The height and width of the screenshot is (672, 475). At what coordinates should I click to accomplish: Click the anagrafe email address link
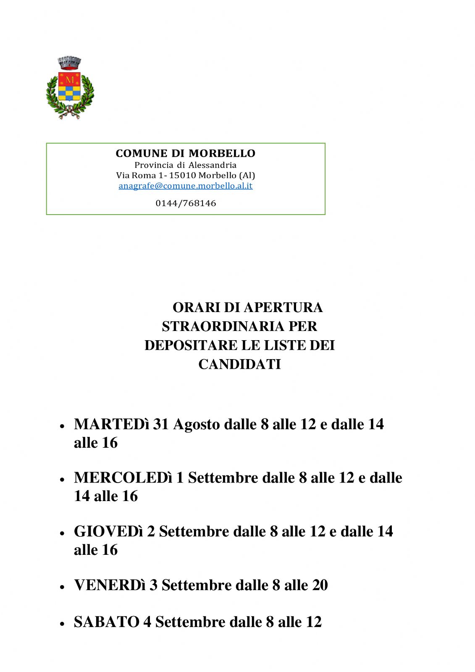coord(185,186)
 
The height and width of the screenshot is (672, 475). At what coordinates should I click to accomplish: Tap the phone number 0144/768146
coord(186,203)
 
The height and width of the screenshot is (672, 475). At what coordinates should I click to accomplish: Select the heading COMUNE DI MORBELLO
coord(185,153)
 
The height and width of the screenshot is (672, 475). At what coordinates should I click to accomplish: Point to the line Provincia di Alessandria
coord(185,165)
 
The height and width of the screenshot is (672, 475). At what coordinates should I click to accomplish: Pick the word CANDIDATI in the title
coord(239,364)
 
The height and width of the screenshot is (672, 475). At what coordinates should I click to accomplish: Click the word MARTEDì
coord(111,424)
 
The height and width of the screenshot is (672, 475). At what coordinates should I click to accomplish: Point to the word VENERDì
coord(110,585)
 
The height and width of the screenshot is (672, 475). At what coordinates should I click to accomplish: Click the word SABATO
coord(106,622)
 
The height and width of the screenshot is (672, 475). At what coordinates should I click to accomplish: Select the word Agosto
coord(197,424)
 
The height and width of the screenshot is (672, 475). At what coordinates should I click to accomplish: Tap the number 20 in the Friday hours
coord(320,585)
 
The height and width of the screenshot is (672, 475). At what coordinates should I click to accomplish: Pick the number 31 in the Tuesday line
coord(160,424)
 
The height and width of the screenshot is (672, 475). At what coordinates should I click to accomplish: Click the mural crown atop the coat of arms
coord(69,63)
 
